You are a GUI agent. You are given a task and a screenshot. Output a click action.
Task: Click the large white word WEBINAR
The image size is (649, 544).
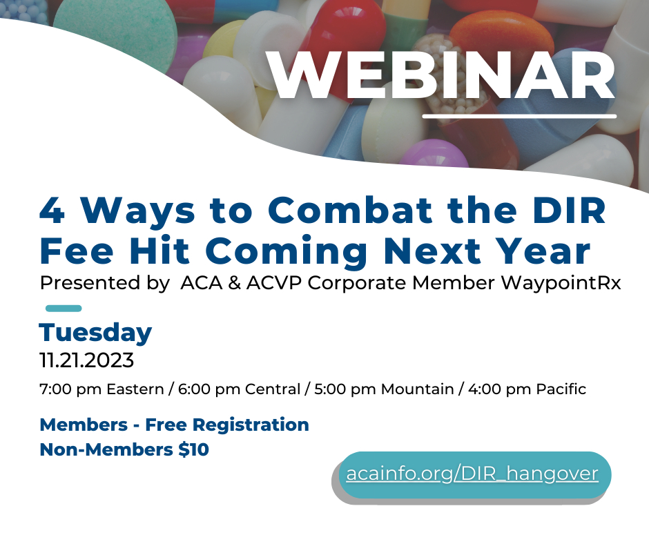442,75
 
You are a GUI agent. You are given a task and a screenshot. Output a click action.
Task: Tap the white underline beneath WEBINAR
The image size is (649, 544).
519,115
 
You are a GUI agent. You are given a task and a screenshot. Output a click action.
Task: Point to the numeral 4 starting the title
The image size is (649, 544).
51,211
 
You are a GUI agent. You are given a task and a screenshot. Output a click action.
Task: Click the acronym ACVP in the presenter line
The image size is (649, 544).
275,284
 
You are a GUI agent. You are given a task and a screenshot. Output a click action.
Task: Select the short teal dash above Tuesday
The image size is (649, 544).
64,308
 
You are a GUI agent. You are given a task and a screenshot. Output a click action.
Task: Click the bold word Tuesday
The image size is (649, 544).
95,333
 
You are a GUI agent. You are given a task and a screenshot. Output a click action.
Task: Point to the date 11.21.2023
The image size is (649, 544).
87,360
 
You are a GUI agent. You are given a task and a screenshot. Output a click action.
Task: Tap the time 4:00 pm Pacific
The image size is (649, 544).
527,389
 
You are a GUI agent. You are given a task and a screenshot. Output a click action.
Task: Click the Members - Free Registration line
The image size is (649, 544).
174,425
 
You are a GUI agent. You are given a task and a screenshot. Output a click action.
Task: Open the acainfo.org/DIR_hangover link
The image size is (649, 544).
472,475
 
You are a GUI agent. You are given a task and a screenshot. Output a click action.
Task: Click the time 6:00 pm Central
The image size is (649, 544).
239,389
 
